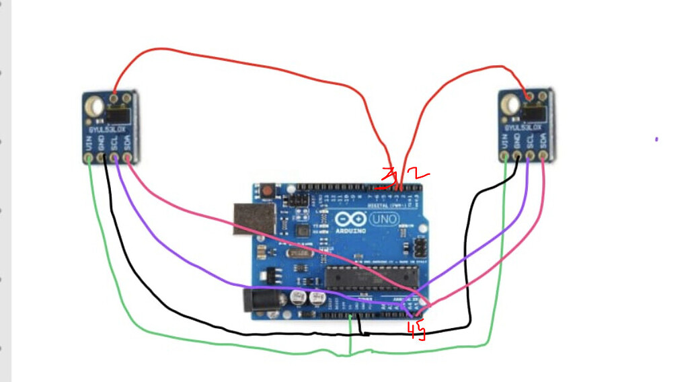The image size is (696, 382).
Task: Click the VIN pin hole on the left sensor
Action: coord(89,158)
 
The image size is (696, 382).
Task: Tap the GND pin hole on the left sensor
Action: coord(102,158)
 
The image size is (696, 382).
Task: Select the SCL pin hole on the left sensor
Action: coord(114,158)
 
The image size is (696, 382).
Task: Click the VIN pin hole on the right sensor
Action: coord(505,157)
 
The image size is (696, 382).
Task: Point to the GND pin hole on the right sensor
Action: coord(517,157)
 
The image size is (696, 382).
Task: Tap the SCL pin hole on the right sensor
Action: coord(529,157)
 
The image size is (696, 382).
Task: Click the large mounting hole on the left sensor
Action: coord(95,106)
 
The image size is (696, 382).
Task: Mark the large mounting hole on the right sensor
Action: coord(511,105)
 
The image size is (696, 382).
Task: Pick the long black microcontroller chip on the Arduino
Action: coord(371,276)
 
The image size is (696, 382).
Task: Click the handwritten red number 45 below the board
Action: coord(417,330)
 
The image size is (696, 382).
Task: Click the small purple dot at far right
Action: coord(656,139)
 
